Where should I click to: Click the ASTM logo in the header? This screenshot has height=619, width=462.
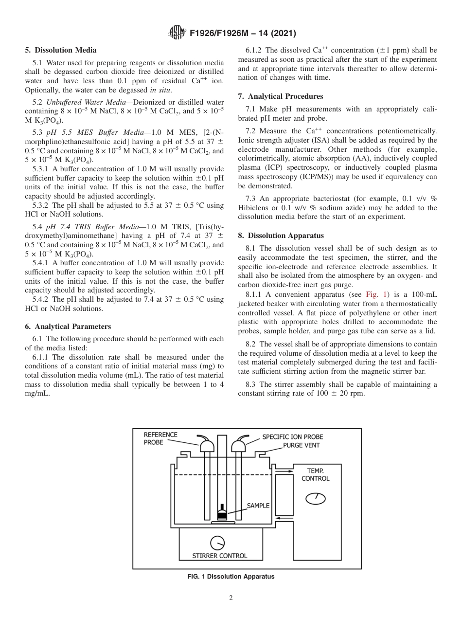coord(176,33)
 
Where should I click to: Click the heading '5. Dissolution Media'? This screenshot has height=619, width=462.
coord(60,50)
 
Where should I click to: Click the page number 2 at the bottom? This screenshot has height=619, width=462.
coord(231,598)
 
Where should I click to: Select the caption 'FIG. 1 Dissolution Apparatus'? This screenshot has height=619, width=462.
coord(231,577)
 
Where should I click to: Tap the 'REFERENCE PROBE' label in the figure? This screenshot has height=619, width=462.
coord(160,438)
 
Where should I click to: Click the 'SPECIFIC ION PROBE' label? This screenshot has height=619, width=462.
coord(292,437)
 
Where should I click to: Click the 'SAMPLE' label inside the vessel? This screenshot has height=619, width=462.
coord(258,506)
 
